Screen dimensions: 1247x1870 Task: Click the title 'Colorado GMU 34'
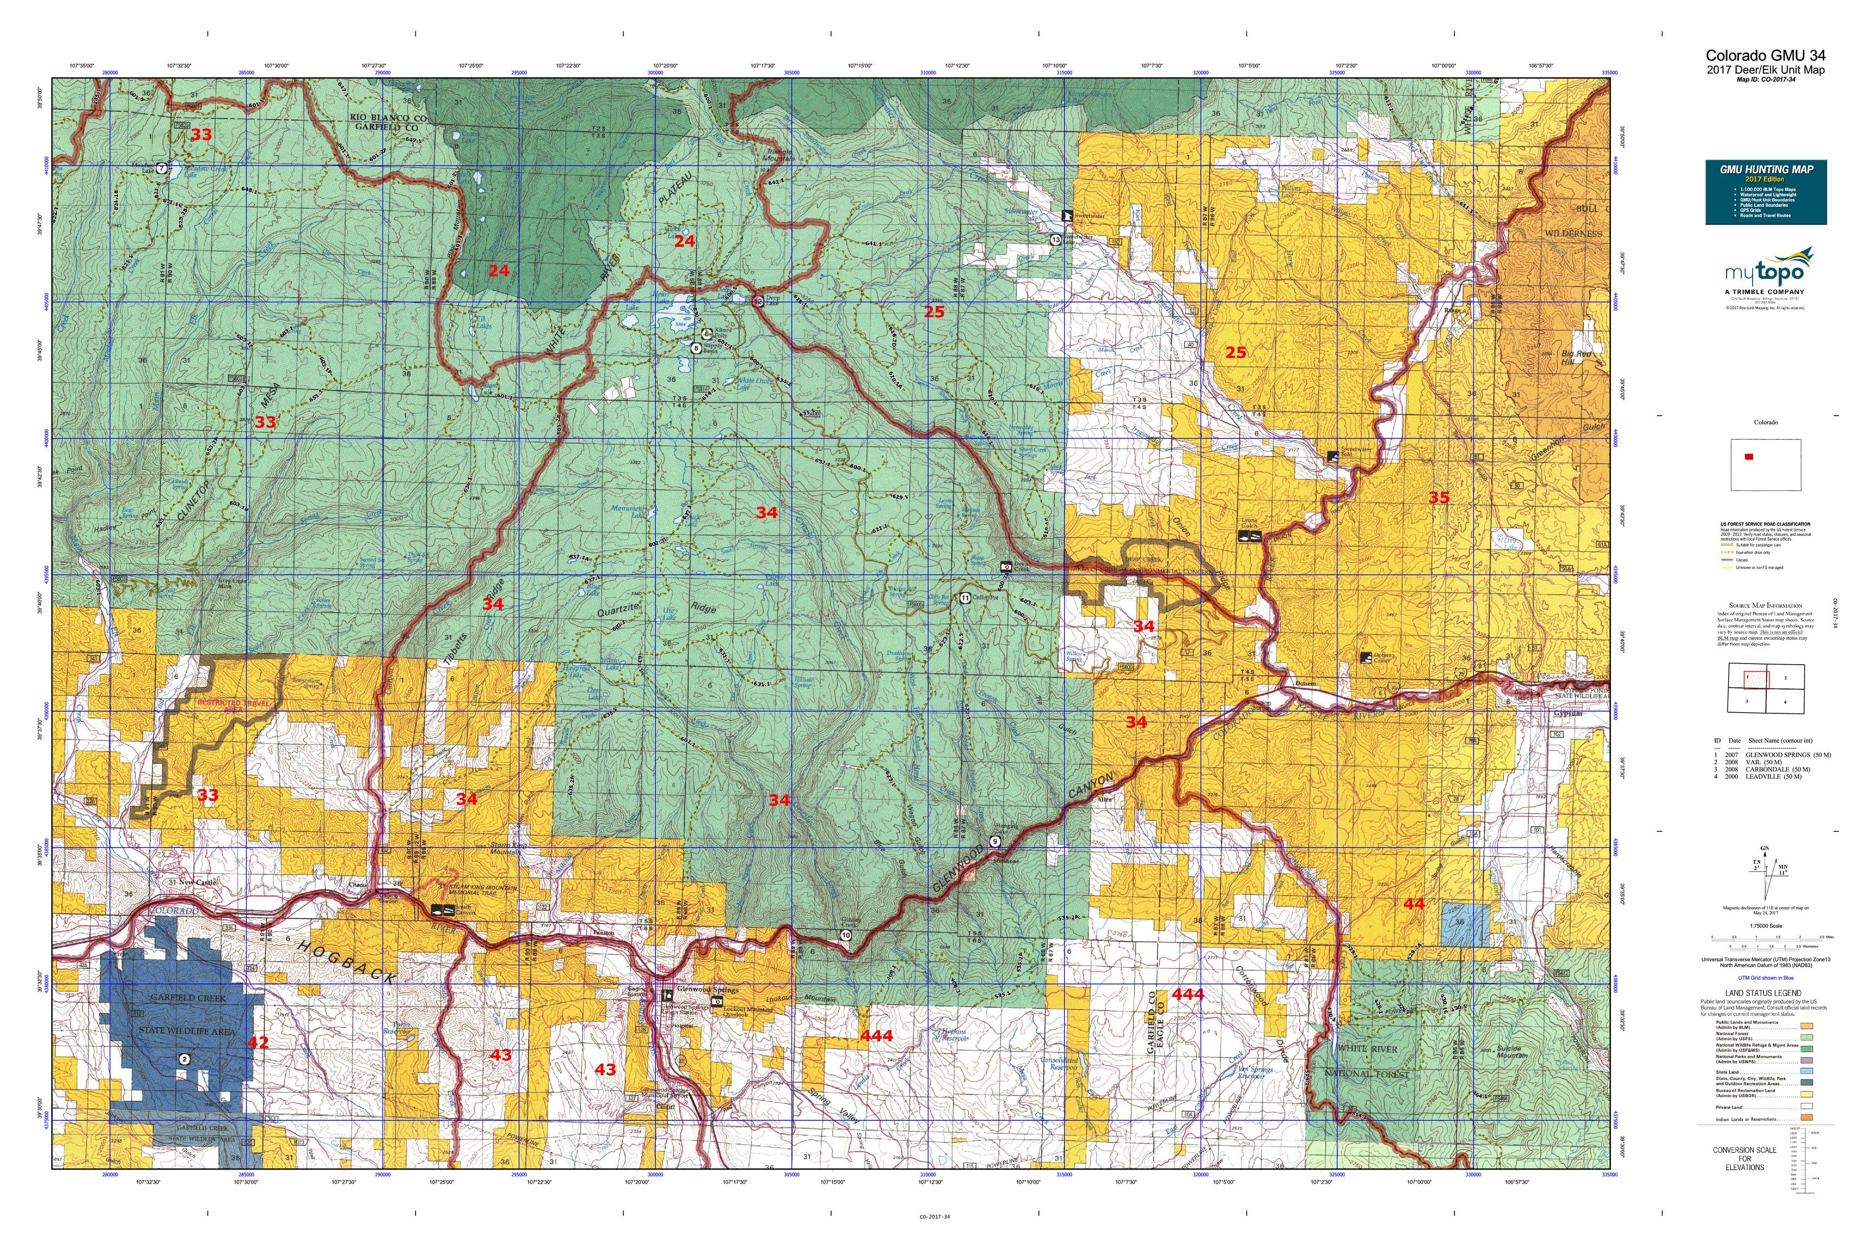click(1764, 55)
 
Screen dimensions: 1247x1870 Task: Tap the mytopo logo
click(1764, 273)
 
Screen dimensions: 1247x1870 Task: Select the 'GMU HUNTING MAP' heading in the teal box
click(1764, 169)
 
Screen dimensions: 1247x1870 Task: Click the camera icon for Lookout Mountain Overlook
click(716, 1000)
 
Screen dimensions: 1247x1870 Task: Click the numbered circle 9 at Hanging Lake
click(995, 842)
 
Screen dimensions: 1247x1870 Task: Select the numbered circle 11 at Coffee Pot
click(964, 598)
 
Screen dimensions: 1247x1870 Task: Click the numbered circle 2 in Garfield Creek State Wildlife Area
click(185, 1059)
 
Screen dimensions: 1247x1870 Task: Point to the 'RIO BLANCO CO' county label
click(388, 117)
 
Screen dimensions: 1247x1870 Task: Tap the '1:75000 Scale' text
click(1764, 926)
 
